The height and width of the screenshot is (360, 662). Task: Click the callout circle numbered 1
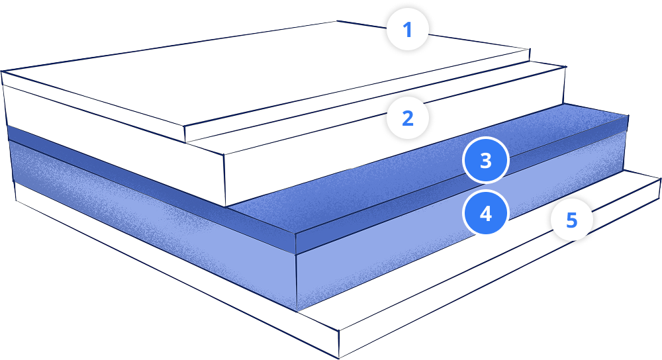408,30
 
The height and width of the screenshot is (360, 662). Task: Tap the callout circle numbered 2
408,118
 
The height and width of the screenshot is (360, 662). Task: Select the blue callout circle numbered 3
485,161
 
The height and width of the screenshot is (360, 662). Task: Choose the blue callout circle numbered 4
485,214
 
